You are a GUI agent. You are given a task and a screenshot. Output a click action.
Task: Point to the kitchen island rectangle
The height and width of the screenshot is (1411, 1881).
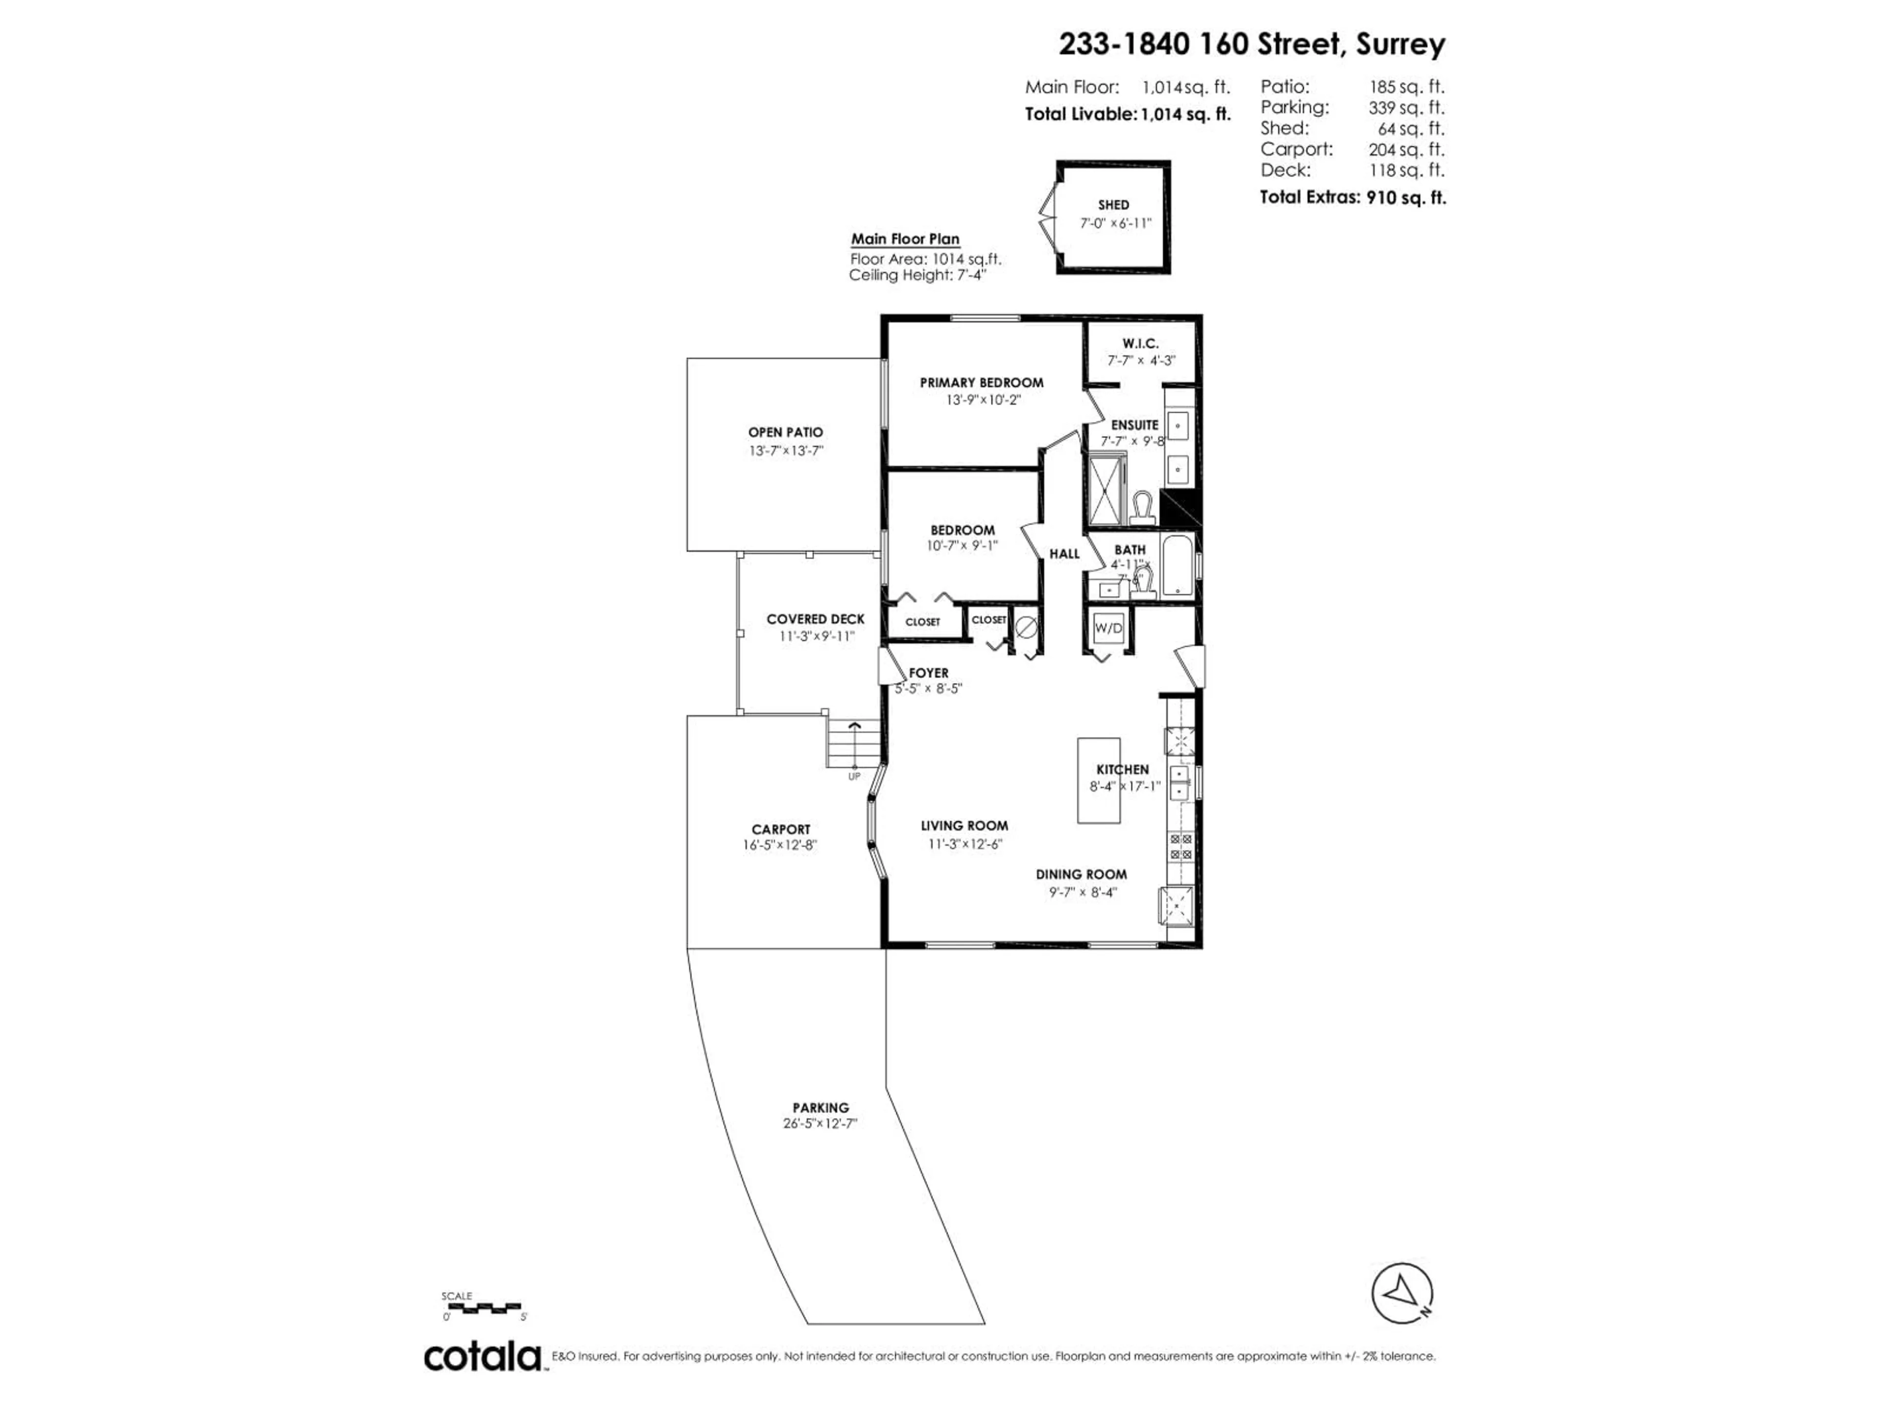click(1099, 780)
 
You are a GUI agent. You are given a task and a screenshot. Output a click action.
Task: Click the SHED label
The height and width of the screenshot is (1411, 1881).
click(1113, 205)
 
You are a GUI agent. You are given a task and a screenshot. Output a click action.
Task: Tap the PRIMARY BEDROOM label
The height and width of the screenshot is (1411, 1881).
click(981, 383)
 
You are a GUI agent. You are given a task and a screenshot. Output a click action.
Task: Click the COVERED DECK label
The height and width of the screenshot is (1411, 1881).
click(815, 619)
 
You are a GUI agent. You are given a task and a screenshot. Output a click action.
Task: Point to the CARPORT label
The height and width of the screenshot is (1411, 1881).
click(781, 829)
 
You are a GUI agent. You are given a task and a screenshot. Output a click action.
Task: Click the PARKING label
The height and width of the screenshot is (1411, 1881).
click(820, 1107)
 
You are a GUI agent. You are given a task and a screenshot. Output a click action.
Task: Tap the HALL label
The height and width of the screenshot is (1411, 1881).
click(1064, 554)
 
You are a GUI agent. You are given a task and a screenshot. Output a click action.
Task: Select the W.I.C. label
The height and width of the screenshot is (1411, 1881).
click(1139, 343)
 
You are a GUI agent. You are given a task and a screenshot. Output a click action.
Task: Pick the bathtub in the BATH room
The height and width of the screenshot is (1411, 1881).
click(1177, 565)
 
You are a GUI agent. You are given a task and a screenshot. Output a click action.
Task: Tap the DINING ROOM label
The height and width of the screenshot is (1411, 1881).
click(1081, 875)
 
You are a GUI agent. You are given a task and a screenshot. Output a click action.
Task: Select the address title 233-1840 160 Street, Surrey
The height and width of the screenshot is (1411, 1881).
click(1251, 44)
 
